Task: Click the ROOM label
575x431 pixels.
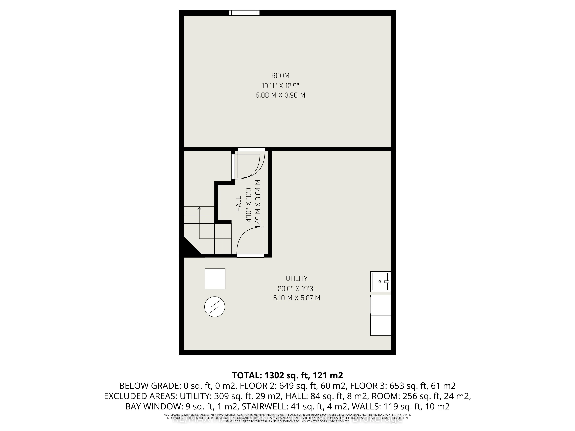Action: (x=280, y=76)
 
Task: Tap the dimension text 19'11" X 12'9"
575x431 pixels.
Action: (x=280, y=85)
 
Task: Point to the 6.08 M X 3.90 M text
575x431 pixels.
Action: (x=280, y=95)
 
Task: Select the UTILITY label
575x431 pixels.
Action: (x=297, y=279)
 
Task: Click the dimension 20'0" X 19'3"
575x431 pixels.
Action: (x=297, y=288)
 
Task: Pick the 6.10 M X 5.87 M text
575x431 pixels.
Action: (x=297, y=298)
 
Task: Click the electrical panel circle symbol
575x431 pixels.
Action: (x=215, y=307)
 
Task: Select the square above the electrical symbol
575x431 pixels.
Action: (x=215, y=279)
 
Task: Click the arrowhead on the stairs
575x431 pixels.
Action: (x=199, y=208)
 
